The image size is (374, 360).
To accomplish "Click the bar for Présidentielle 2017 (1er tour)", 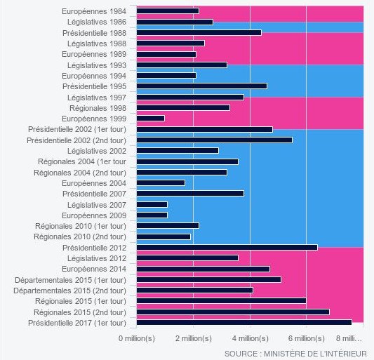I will click(x=243, y=322).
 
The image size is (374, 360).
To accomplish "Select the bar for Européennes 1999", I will click(x=150, y=119).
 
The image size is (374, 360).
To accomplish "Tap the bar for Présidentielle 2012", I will click(x=227, y=247).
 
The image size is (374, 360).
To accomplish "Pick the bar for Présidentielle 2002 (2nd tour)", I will click(x=214, y=140).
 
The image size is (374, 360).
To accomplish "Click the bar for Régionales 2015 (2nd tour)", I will click(x=232, y=312).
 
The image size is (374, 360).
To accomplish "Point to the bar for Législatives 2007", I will click(x=152, y=204).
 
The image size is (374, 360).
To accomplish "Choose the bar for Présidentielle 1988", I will click(x=199, y=32).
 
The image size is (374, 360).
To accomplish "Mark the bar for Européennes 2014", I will click(x=203, y=269).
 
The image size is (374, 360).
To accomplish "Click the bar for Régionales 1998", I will click(x=182, y=107).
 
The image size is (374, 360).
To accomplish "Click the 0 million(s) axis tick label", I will click(x=136, y=338).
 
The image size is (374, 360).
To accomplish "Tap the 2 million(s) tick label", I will click(x=193, y=338).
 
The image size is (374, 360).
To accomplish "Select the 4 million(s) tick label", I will click(x=250, y=338).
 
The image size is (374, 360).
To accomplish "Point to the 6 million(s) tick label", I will click(x=306, y=338).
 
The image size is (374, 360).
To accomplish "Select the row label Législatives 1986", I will click(x=92, y=22).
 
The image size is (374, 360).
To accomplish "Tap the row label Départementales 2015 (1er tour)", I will click(x=70, y=279).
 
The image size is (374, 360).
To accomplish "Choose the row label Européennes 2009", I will click(x=94, y=215).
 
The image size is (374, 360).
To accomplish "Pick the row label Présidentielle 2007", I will click(x=94, y=193).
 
